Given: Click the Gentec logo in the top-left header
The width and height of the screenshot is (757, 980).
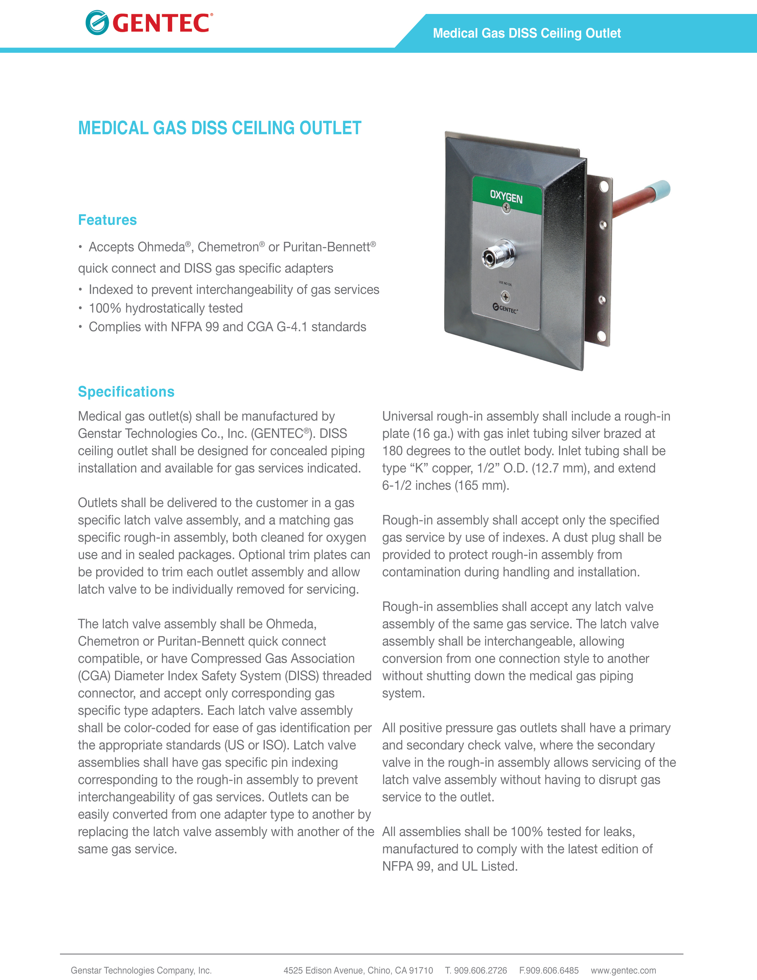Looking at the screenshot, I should click(149, 23).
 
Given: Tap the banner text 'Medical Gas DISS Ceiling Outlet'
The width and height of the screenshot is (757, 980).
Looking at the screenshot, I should click(527, 33).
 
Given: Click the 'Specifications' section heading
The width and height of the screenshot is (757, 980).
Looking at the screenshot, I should click(126, 392).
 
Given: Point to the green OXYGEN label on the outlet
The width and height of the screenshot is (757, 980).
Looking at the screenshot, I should click(506, 196).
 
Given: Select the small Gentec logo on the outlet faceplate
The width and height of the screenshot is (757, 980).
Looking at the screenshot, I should click(506, 308).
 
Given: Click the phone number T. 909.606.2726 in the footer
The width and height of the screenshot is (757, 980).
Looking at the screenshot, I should click(476, 970).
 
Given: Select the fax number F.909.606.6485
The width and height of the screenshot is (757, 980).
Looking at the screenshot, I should click(549, 970).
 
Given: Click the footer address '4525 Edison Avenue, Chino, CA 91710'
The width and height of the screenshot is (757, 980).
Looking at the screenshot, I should click(358, 970).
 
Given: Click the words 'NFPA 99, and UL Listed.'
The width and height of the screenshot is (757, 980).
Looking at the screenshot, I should click(450, 866).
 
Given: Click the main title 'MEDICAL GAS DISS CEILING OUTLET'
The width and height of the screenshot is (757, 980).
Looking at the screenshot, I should click(219, 128).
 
